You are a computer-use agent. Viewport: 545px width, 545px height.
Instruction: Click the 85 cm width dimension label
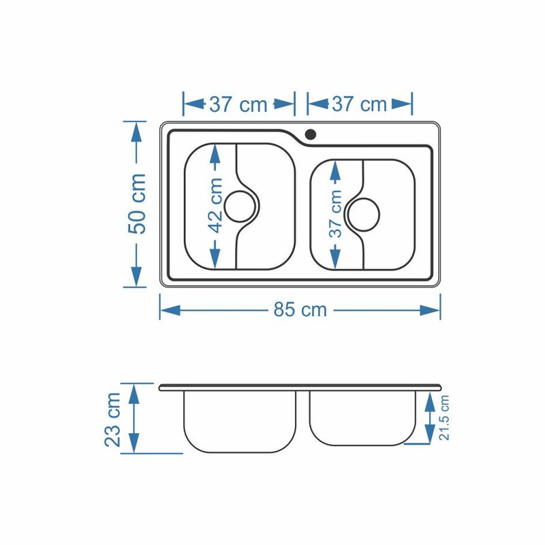[x=300, y=309]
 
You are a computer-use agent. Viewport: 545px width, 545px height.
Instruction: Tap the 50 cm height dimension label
[x=137, y=203]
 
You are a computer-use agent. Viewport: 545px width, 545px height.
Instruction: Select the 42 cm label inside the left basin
[x=215, y=205]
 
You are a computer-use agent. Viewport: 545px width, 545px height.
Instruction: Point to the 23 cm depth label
[x=112, y=420]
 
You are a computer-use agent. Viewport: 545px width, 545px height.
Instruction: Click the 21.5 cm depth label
[x=444, y=418]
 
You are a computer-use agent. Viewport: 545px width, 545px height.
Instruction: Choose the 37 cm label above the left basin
[x=238, y=104]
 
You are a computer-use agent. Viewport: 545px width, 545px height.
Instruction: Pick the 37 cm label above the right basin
[x=360, y=104]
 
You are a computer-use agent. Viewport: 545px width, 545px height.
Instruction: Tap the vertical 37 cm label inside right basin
[x=336, y=214]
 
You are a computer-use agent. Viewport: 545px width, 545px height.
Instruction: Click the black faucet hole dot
[x=310, y=134]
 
